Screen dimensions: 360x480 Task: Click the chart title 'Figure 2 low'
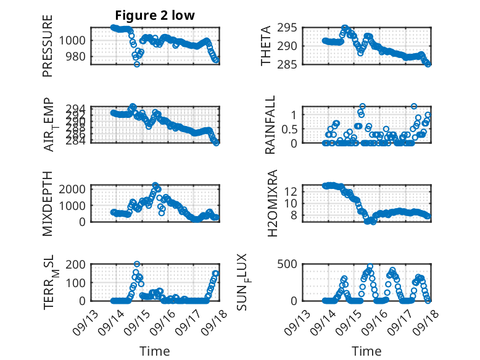(x=155, y=15)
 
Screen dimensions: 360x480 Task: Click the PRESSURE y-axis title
(x=48, y=46)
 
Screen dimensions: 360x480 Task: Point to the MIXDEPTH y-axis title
(x=48, y=203)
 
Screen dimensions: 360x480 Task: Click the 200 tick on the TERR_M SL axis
(x=79, y=264)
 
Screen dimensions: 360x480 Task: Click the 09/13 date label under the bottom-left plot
(x=86, y=318)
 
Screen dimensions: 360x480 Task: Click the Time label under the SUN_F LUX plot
(x=366, y=351)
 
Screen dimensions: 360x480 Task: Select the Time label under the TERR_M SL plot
(x=155, y=351)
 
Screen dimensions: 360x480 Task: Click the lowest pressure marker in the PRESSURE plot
(x=137, y=64)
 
